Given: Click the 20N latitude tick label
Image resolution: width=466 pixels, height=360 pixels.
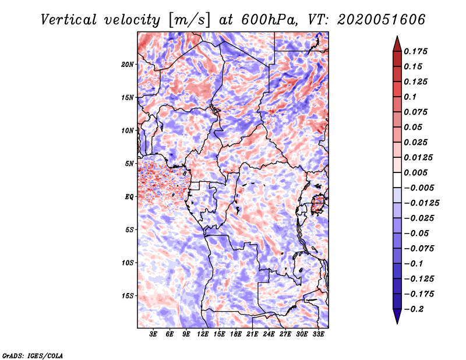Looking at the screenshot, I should click(x=128, y=64).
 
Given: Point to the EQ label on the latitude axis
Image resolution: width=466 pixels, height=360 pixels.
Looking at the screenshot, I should click(x=129, y=197).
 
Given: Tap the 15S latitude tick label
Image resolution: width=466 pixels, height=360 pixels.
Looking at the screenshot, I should click(x=128, y=296).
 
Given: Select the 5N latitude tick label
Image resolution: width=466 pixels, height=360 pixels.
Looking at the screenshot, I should click(x=129, y=164).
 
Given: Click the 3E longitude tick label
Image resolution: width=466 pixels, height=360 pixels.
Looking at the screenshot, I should click(x=154, y=335).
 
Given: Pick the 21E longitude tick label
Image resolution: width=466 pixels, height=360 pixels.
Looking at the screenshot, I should click(x=252, y=335).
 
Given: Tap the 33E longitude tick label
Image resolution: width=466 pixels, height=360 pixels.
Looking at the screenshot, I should click(x=318, y=335).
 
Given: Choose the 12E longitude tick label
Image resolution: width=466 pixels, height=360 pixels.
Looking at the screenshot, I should click(x=203, y=335).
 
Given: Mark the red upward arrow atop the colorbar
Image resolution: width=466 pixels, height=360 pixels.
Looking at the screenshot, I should click(x=397, y=43).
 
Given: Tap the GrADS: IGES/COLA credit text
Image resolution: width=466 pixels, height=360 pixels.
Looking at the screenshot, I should click(x=33, y=355).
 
